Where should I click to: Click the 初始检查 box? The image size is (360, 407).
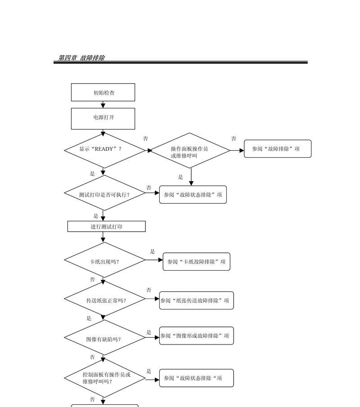(103, 92)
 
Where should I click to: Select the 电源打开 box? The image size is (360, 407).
(103, 119)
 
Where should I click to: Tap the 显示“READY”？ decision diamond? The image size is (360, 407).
(104, 150)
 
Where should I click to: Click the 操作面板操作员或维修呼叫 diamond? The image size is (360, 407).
(190, 150)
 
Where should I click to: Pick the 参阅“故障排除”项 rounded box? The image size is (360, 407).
(277, 149)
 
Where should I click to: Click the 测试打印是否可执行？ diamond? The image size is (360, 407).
(104, 193)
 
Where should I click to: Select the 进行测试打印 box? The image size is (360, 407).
(107, 226)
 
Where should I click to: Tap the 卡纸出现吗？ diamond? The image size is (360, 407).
(104, 260)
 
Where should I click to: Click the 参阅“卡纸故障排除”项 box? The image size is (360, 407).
(196, 262)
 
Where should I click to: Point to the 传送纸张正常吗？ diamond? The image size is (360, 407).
(104, 299)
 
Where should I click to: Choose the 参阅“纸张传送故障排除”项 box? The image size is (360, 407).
(196, 300)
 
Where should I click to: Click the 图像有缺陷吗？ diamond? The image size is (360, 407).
(104, 337)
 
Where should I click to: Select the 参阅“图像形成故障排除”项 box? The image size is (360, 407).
(196, 336)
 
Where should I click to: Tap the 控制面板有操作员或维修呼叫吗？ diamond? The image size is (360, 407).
(104, 378)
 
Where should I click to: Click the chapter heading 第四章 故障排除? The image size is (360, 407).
(81, 58)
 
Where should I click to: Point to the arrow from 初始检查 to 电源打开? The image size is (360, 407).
(103, 105)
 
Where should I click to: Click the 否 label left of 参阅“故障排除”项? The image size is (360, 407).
(234, 139)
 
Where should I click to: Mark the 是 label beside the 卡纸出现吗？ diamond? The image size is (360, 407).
(153, 251)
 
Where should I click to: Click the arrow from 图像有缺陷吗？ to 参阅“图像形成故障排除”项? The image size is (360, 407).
(152, 337)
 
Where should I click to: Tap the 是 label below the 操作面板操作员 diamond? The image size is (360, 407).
(180, 177)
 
